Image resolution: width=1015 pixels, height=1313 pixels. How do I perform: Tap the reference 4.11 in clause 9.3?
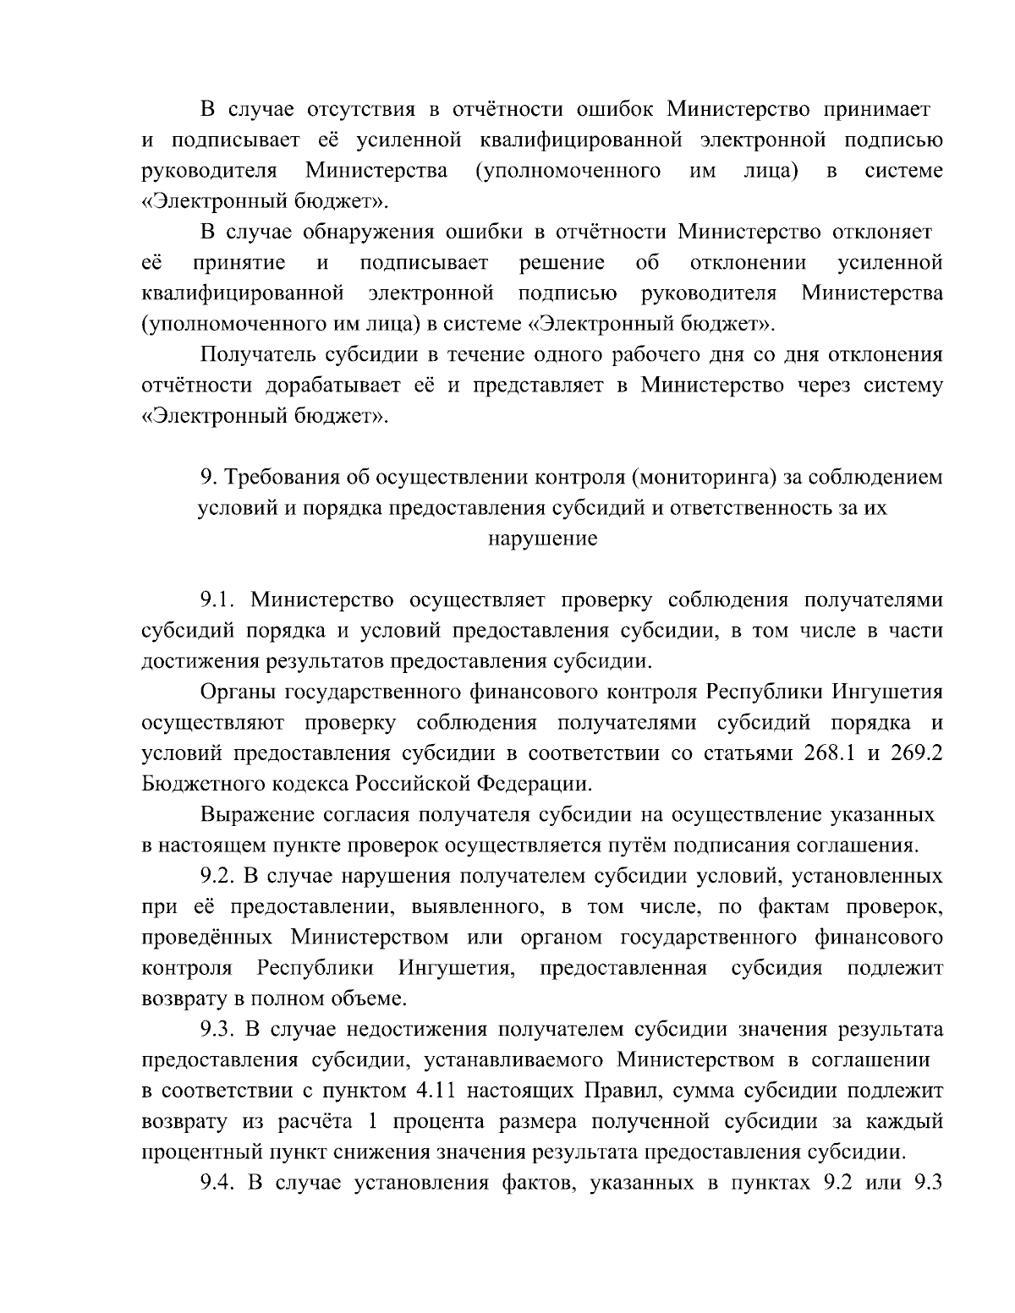[439, 1091]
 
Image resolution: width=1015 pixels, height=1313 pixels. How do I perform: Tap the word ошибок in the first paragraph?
[613, 109]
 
